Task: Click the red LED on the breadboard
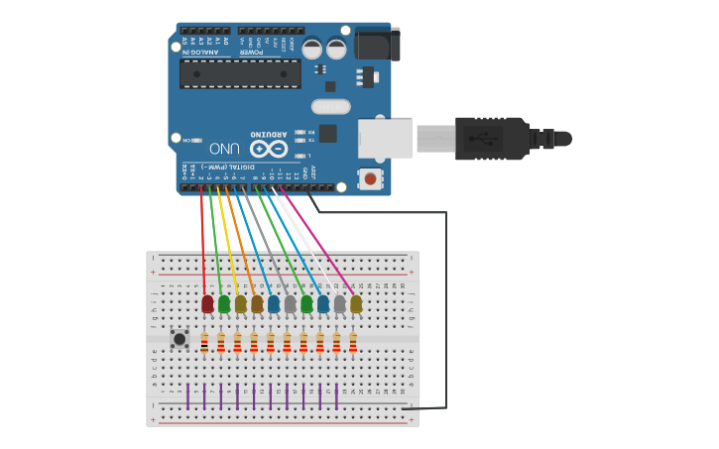tap(207, 303)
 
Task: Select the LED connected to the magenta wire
tap(356, 303)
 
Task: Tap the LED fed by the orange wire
tap(257, 303)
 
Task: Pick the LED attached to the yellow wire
tap(240, 303)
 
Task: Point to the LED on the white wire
tap(339, 303)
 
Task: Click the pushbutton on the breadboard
tap(180, 339)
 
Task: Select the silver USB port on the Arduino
tap(384, 138)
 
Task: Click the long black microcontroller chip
tap(240, 73)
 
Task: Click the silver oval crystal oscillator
tap(331, 106)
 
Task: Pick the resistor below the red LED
tap(204, 343)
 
